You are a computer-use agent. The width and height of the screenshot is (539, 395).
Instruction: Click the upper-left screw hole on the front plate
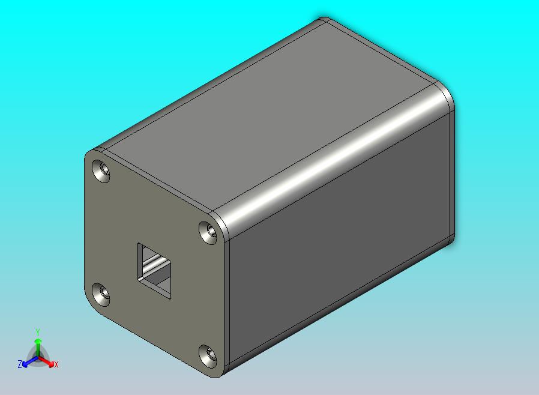102,170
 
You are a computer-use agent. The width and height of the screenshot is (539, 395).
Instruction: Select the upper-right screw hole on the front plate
208,232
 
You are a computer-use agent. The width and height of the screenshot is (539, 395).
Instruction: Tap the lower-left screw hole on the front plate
102,294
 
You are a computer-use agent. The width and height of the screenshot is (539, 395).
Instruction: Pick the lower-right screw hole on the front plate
208,355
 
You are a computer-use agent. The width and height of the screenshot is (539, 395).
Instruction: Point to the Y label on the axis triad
37,332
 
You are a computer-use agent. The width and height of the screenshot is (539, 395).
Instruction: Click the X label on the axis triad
56,364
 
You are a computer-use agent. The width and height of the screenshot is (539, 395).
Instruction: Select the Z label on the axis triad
19,364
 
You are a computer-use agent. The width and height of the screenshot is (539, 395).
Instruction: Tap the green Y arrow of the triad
37,345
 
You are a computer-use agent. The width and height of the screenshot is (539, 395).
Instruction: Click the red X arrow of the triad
48,361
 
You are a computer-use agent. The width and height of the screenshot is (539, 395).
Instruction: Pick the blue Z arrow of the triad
27,361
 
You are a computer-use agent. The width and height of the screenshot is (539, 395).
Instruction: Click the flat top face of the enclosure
270,114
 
